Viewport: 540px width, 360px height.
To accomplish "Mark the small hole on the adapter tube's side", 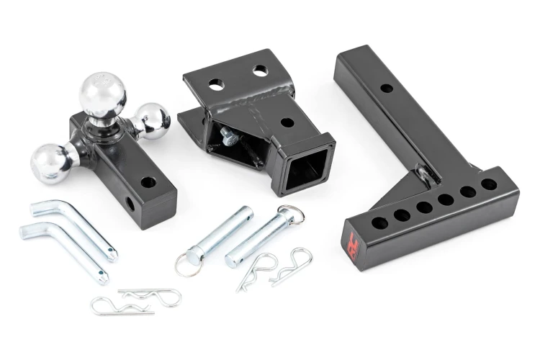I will point(287,122).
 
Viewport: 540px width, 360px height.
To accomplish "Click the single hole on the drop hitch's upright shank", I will point(387,89).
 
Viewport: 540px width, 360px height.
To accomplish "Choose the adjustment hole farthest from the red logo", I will point(491,184).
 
